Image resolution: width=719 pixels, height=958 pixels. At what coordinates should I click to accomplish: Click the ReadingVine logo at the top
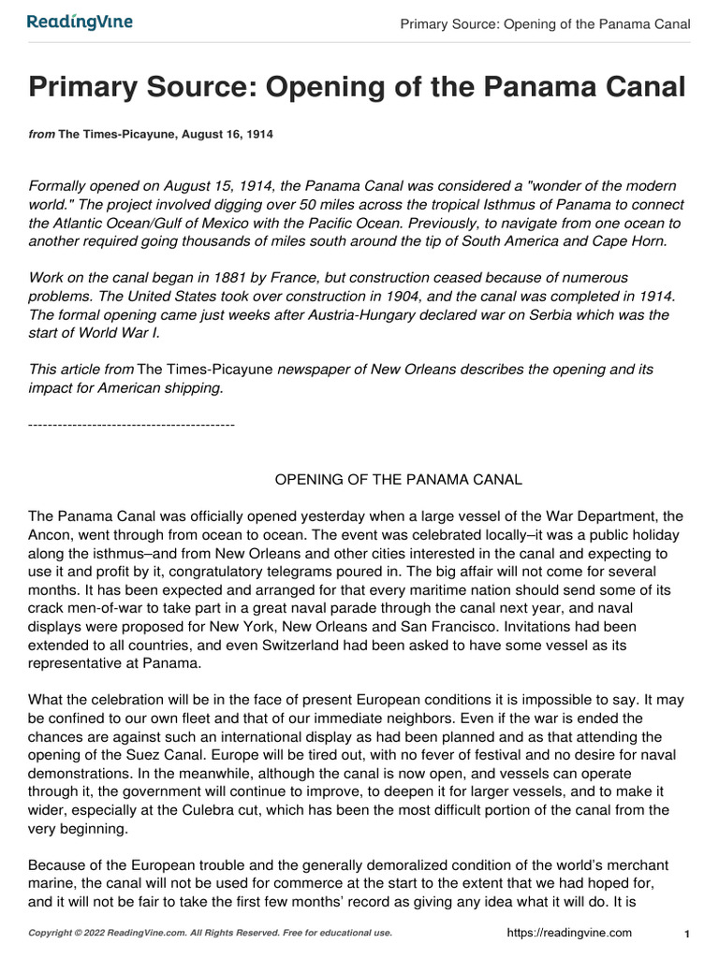pyautogui.click(x=80, y=22)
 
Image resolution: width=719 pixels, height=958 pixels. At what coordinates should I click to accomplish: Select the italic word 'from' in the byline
pyautogui.click(x=42, y=135)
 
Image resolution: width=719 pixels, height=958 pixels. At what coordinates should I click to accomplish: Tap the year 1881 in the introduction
pyautogui.click(x=236, y=278)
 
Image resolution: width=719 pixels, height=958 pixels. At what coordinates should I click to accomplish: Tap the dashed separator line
pyautogui.click(x=131, y=425)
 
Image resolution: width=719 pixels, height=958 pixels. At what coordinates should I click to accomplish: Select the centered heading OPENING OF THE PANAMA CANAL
pyautogui.click(x=398, y=479)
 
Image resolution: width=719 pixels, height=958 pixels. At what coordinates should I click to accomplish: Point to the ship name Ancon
pyautogui.click(x=51, y=534)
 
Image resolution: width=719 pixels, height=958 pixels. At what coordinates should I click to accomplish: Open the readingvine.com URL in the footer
pyautogui.click(x=569, y=933)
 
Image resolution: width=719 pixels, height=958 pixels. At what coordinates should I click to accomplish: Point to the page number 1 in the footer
pyautogui.click(x=687, y=934)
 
